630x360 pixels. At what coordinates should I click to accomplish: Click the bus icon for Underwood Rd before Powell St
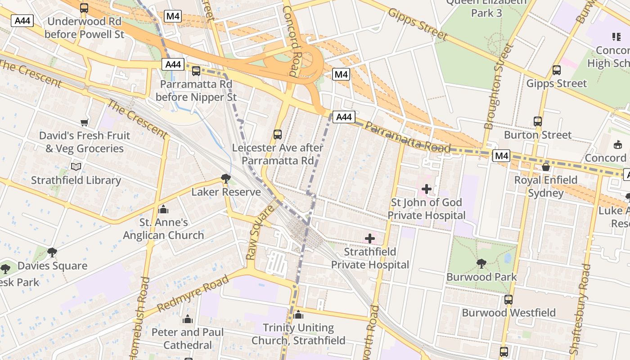[x=84, y=8]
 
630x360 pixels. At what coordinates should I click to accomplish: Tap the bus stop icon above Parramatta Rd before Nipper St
[x=196, y=71]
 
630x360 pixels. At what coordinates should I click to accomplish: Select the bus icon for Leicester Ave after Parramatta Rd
[x=278, y=134]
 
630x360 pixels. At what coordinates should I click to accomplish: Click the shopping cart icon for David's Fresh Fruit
[x=84, y=122]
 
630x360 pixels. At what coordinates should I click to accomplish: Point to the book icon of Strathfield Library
[x=76, y=167]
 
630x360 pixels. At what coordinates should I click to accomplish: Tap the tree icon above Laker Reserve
[x=226, y=179]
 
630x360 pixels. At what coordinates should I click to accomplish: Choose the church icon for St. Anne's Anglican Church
[x=163, y=209]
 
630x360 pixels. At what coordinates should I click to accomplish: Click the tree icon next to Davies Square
[x=52, y=252]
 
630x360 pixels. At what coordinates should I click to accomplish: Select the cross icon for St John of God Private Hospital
[x=427, y=189]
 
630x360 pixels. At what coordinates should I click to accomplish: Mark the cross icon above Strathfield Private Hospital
[x=370, y=238]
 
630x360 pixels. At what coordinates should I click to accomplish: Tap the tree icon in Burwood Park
[x=481, y=263]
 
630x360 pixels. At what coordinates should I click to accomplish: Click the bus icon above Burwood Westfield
[x=508, y=299]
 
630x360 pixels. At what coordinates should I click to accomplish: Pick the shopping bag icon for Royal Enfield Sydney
[x=546, y=167]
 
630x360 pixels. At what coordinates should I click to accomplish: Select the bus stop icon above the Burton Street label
[x=538, y=121]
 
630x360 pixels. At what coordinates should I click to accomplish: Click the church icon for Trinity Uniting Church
[x=298, y=315]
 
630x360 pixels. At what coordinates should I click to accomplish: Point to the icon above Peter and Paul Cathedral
[x=188, y=319]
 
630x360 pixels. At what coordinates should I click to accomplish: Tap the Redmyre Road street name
[x=193, y=293]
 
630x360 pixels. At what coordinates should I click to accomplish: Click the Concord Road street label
[x=288, y=40]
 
